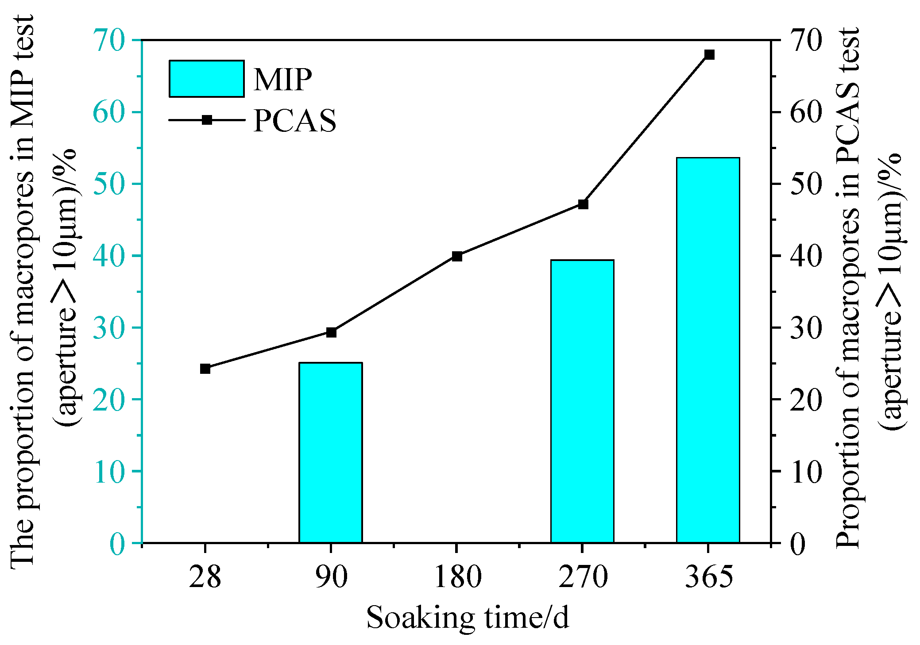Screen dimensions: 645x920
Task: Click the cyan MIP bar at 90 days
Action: click(331, 452)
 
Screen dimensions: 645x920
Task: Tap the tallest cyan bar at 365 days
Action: click(708, 349)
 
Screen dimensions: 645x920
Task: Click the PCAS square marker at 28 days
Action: click(205, 369)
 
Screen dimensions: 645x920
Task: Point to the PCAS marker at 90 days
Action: click(331, 332)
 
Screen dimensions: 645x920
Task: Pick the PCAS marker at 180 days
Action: click(457, 256)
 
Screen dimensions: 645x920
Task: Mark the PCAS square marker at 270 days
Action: click(583, 204)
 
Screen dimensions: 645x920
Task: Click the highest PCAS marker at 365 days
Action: click(709, 55)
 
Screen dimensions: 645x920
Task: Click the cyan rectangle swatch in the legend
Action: click(206, 79)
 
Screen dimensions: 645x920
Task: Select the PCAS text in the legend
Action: click(294, 120)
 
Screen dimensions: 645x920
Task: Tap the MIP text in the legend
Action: click(283, 80)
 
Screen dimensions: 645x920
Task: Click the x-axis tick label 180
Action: click(457, 577)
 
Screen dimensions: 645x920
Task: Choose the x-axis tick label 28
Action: click(205, 577)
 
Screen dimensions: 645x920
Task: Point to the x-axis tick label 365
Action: click(709, 577)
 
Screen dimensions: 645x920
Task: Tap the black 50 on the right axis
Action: click(806, 184)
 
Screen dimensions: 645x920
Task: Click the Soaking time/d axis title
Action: click(467, 618)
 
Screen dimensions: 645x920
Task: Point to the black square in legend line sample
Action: click(207, 120)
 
